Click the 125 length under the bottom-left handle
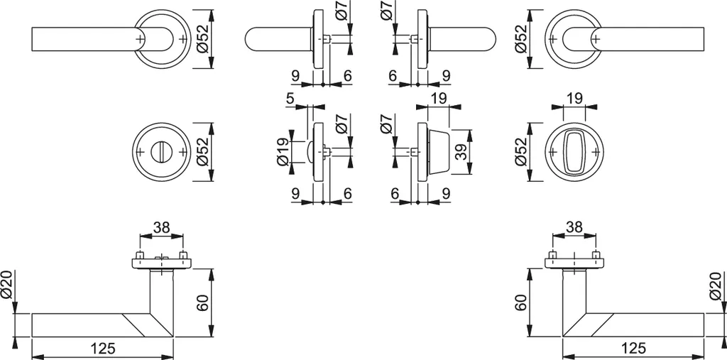[x=104, y=348]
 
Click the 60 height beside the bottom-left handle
[x=201, y=303]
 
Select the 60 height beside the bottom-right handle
[x=520, y=303]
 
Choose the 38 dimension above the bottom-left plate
[x=161, y=227]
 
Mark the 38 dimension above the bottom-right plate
[x=574, y=227]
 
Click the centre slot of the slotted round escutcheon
[x=161, y=152]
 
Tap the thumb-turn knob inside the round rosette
[x=574, y=152]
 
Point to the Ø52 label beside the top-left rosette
[x=202, y=39]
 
